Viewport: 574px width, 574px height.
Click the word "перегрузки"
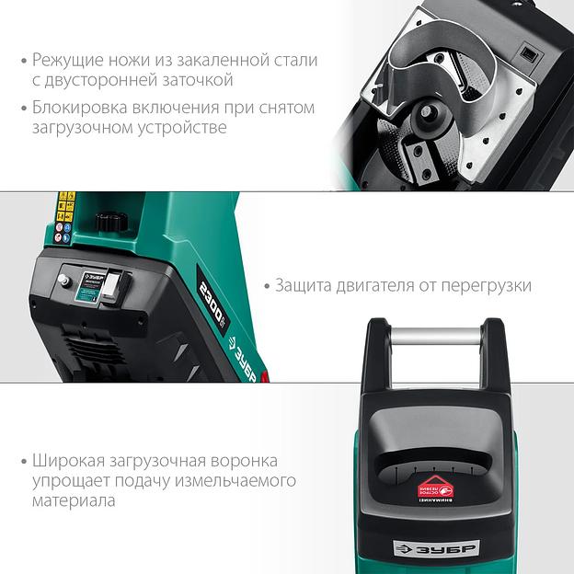487,285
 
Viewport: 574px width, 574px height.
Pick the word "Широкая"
67,460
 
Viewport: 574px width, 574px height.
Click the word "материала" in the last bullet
74,502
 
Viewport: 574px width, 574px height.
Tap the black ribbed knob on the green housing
111,222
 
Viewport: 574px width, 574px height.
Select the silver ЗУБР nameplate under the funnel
435,548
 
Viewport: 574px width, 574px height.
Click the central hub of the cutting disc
429,118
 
